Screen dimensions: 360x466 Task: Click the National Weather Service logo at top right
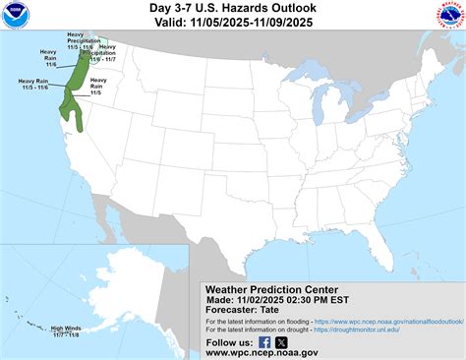[448, 17]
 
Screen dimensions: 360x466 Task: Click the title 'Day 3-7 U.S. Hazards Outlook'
[233, 10]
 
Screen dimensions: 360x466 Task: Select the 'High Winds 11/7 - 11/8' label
[66, 331]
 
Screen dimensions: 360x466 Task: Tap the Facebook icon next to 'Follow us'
[264, 341]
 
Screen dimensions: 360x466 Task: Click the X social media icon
[281, 341]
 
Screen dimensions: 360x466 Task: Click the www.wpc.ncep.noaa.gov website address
[262, 352]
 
